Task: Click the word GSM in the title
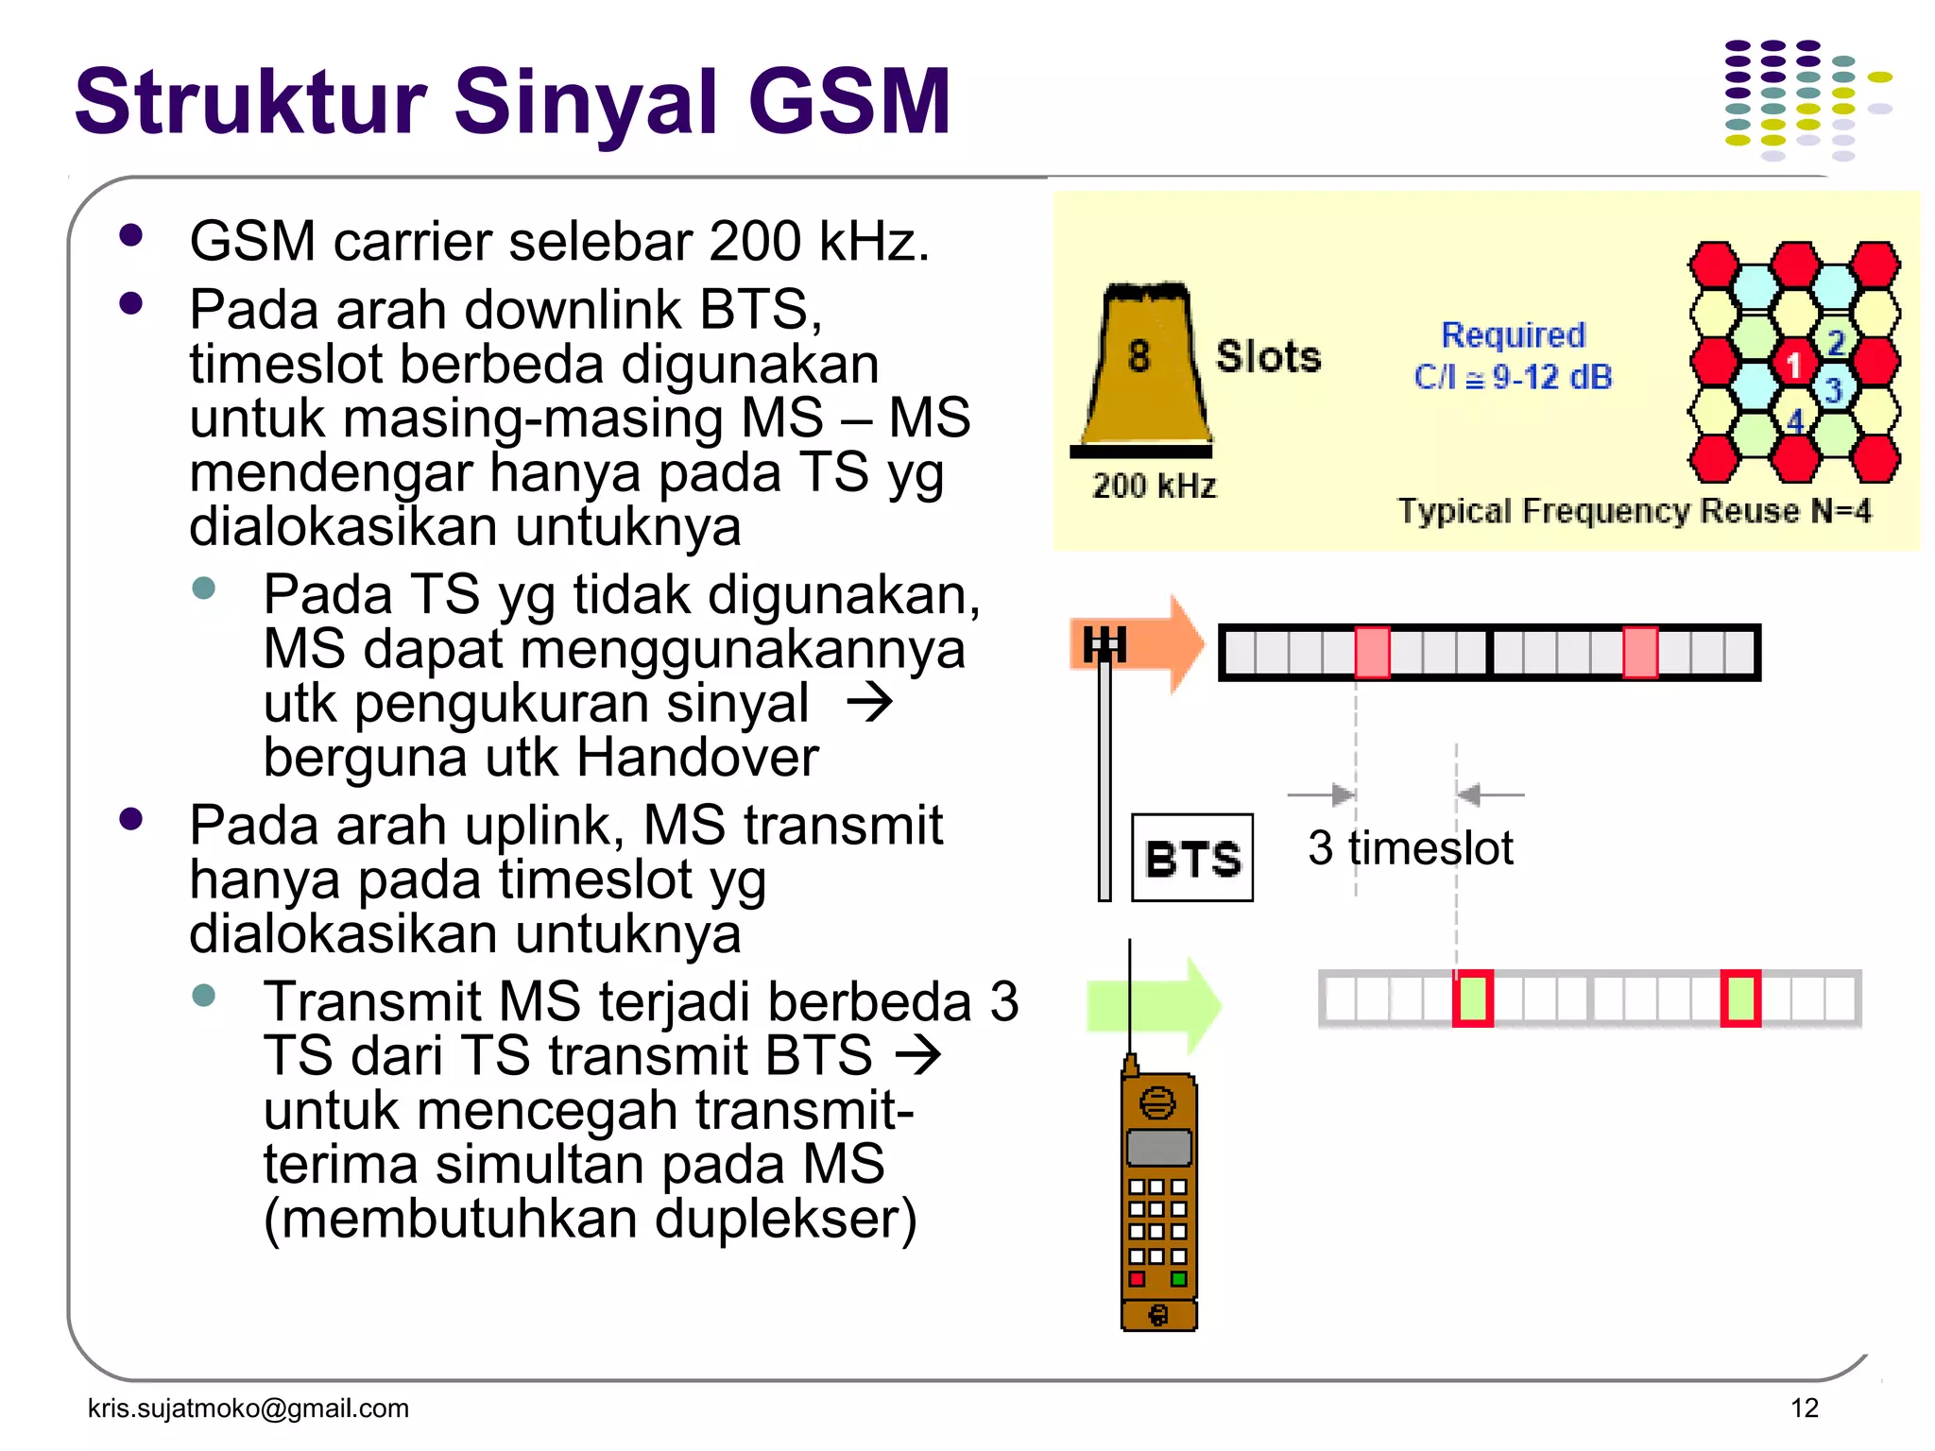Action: tap(848, 102)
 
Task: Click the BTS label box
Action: tap(1192, 858)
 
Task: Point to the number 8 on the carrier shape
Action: tap(1139, 357)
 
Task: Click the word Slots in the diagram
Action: tap(1268, 357)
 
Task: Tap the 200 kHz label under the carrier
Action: tap(1154, 487)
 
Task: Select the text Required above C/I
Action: tap(1513, 334)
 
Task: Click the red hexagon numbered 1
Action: tap(1793, 364)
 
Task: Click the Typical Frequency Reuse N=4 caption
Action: tap(1634, 511)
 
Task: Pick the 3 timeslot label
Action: tap(1410, 847)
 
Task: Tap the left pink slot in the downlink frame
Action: tap(1372, 652)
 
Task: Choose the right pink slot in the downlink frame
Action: tap(1640, 652)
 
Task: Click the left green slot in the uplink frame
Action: tap(1472, 999)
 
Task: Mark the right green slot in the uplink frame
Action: tap(1740, 999)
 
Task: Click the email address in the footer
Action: tap(248, 1408)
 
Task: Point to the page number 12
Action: tap(1804, 1408)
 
